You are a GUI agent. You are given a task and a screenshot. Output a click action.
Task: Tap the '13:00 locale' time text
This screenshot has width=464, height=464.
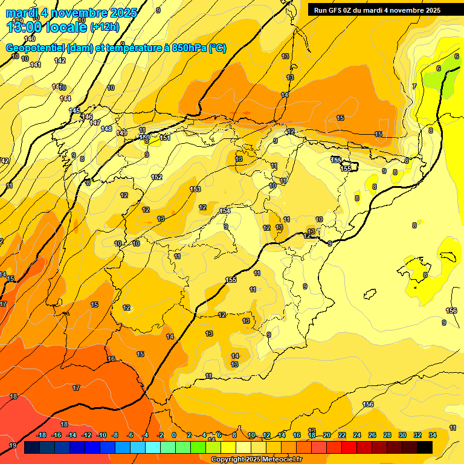[x=47, y=27]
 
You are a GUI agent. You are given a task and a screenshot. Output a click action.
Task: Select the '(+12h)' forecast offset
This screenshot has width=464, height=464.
[x=105, y=27]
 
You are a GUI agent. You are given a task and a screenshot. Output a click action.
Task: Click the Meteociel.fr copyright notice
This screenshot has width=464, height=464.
[x=257, y=459]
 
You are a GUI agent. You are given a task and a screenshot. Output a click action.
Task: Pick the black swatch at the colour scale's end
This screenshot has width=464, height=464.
[x=425, y=447]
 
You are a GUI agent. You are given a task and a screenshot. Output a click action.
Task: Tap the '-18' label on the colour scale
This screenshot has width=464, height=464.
[x=42, y=435]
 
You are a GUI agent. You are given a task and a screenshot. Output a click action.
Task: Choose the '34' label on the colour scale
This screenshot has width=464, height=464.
[x=432, y=435]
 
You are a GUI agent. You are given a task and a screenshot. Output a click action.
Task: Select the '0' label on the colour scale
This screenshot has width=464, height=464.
[x=174, y=435]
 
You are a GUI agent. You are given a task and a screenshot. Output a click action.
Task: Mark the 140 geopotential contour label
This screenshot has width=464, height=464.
[x=30, y=39]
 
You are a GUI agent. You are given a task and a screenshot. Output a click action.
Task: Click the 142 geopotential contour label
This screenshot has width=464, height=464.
[x=60, y=60]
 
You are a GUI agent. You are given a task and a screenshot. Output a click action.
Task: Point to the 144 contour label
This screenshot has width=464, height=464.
[x=65, y=98]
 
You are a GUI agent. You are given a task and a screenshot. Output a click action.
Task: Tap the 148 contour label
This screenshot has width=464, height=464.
[x=106, y=129]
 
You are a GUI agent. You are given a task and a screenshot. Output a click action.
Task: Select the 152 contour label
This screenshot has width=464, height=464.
[x=156, y=177]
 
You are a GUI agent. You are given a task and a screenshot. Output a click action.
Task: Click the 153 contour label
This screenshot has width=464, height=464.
[x=195, y=189]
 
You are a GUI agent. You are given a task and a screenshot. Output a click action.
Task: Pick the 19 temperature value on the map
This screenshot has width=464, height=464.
[x=13, y=445]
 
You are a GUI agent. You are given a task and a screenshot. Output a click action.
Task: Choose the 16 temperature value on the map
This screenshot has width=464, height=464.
[x=111, y=359]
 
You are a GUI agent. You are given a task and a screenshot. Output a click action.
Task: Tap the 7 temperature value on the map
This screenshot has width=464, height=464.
[x=414, y=86]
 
